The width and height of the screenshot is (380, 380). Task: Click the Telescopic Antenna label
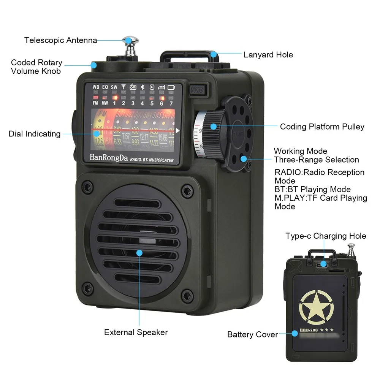click(x=61, y=40)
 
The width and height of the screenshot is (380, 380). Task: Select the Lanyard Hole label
click(x=268, y=55)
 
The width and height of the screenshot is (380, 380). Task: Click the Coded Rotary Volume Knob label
click(x=36, y=66)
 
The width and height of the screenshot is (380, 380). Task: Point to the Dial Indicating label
click(x=35, y=134)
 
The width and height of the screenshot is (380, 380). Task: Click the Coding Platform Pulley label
click(x=322, y=127)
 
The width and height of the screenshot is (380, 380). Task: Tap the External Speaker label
click(x=136, y=332)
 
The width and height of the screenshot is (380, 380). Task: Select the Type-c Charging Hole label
click(x=326, y=236)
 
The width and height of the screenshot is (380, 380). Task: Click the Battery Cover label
click(x=252, y=334)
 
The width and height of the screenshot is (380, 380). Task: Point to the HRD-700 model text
click(x=309, y=330)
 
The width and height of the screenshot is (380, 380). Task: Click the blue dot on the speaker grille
click(x=139, y=253)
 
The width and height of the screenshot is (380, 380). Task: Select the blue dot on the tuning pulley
click(x=214, y=126)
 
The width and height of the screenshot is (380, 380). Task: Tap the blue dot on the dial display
click(x=97, y=133)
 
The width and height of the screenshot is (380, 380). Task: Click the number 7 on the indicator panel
click(x=171, y=103)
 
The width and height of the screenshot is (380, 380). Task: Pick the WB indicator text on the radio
click(x=96, y=87)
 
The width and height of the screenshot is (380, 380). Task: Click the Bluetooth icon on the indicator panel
click(x=142, y=87)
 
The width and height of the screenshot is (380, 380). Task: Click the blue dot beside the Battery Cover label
click(x=294, y=334)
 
